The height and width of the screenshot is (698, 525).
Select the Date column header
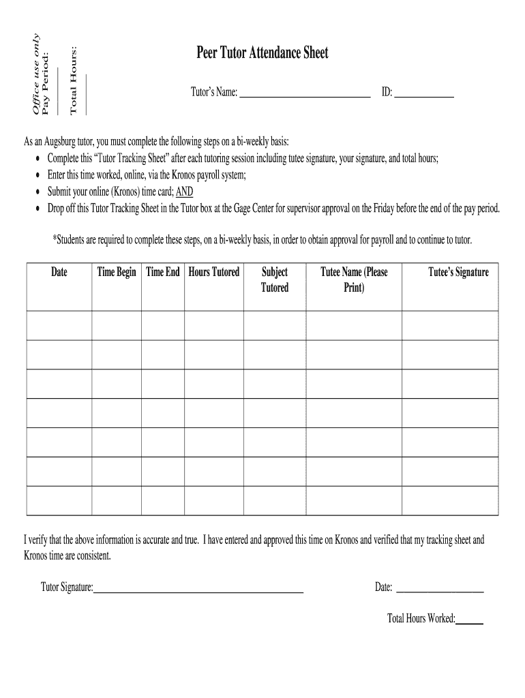pyautogui.click(x=59, y=273)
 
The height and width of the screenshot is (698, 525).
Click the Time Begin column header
pyautogui.click(x=117, y=273)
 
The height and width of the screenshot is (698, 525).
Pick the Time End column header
pyautogui.click(x=163, y=273)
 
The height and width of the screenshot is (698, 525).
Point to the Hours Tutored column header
pyautogui.click(x=214, y=273)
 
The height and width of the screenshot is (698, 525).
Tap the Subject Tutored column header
pyautogui.click(x=275, y=280)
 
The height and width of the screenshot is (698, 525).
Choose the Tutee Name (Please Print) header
pyautogui.click(x=354, y=280)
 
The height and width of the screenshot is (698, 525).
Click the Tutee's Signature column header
pyautogui.click(x=458, y=273)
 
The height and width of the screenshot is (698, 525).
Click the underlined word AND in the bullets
pyautogui.click(x=185, y=192)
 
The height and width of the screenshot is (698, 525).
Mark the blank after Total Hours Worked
pyautogui.click(x=469, y=623)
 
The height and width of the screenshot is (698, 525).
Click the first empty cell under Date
pyautogui.click(x=59, y=325)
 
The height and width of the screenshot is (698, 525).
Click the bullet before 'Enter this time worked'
pyautogui.click(x=37, y=175)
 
